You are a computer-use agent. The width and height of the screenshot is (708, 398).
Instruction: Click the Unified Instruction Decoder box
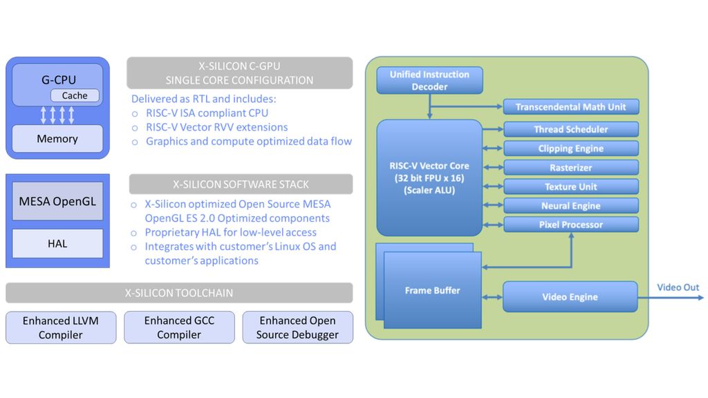click(x=429, y=81)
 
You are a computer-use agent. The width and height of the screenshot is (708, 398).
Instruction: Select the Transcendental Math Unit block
click(x=570, y=107)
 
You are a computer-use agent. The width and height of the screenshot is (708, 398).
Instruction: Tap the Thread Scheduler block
click(x=570, y=129)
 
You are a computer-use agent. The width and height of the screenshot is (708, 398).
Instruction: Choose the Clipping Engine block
click(x=570, y=149)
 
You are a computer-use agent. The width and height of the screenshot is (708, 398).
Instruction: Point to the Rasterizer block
click(x=570, y=167)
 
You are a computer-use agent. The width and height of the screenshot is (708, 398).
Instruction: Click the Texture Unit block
click(x=570, y=187)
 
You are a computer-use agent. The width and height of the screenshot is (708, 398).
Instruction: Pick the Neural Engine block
click(x=570, y=206)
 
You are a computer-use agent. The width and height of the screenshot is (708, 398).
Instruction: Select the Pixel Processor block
click(x=570, y=225)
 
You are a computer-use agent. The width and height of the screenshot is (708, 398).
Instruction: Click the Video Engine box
click(x=570, y=297)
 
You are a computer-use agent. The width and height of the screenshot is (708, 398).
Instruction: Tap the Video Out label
click(x=678, y=287)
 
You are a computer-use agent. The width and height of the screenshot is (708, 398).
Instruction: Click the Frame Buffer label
click(x=432, y=291)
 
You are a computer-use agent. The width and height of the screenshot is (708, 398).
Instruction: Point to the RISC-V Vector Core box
click(x=429, y=178)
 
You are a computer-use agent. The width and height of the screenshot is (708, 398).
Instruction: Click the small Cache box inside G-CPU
click(x=75, y=96)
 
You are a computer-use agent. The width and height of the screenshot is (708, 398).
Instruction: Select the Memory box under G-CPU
click(x=57, y=139)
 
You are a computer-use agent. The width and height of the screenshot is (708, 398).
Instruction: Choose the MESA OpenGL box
click(x=57, y=202)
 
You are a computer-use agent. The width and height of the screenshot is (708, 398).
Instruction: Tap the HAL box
click(x=57, y=243)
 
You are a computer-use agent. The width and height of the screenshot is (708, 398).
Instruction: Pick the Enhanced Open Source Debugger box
click(x=297, y=328)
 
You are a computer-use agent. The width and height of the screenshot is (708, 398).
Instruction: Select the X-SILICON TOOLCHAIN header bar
click(x=179, y=293)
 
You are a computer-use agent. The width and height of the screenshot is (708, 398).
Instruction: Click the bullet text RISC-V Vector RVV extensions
click(x=216, y=127)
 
